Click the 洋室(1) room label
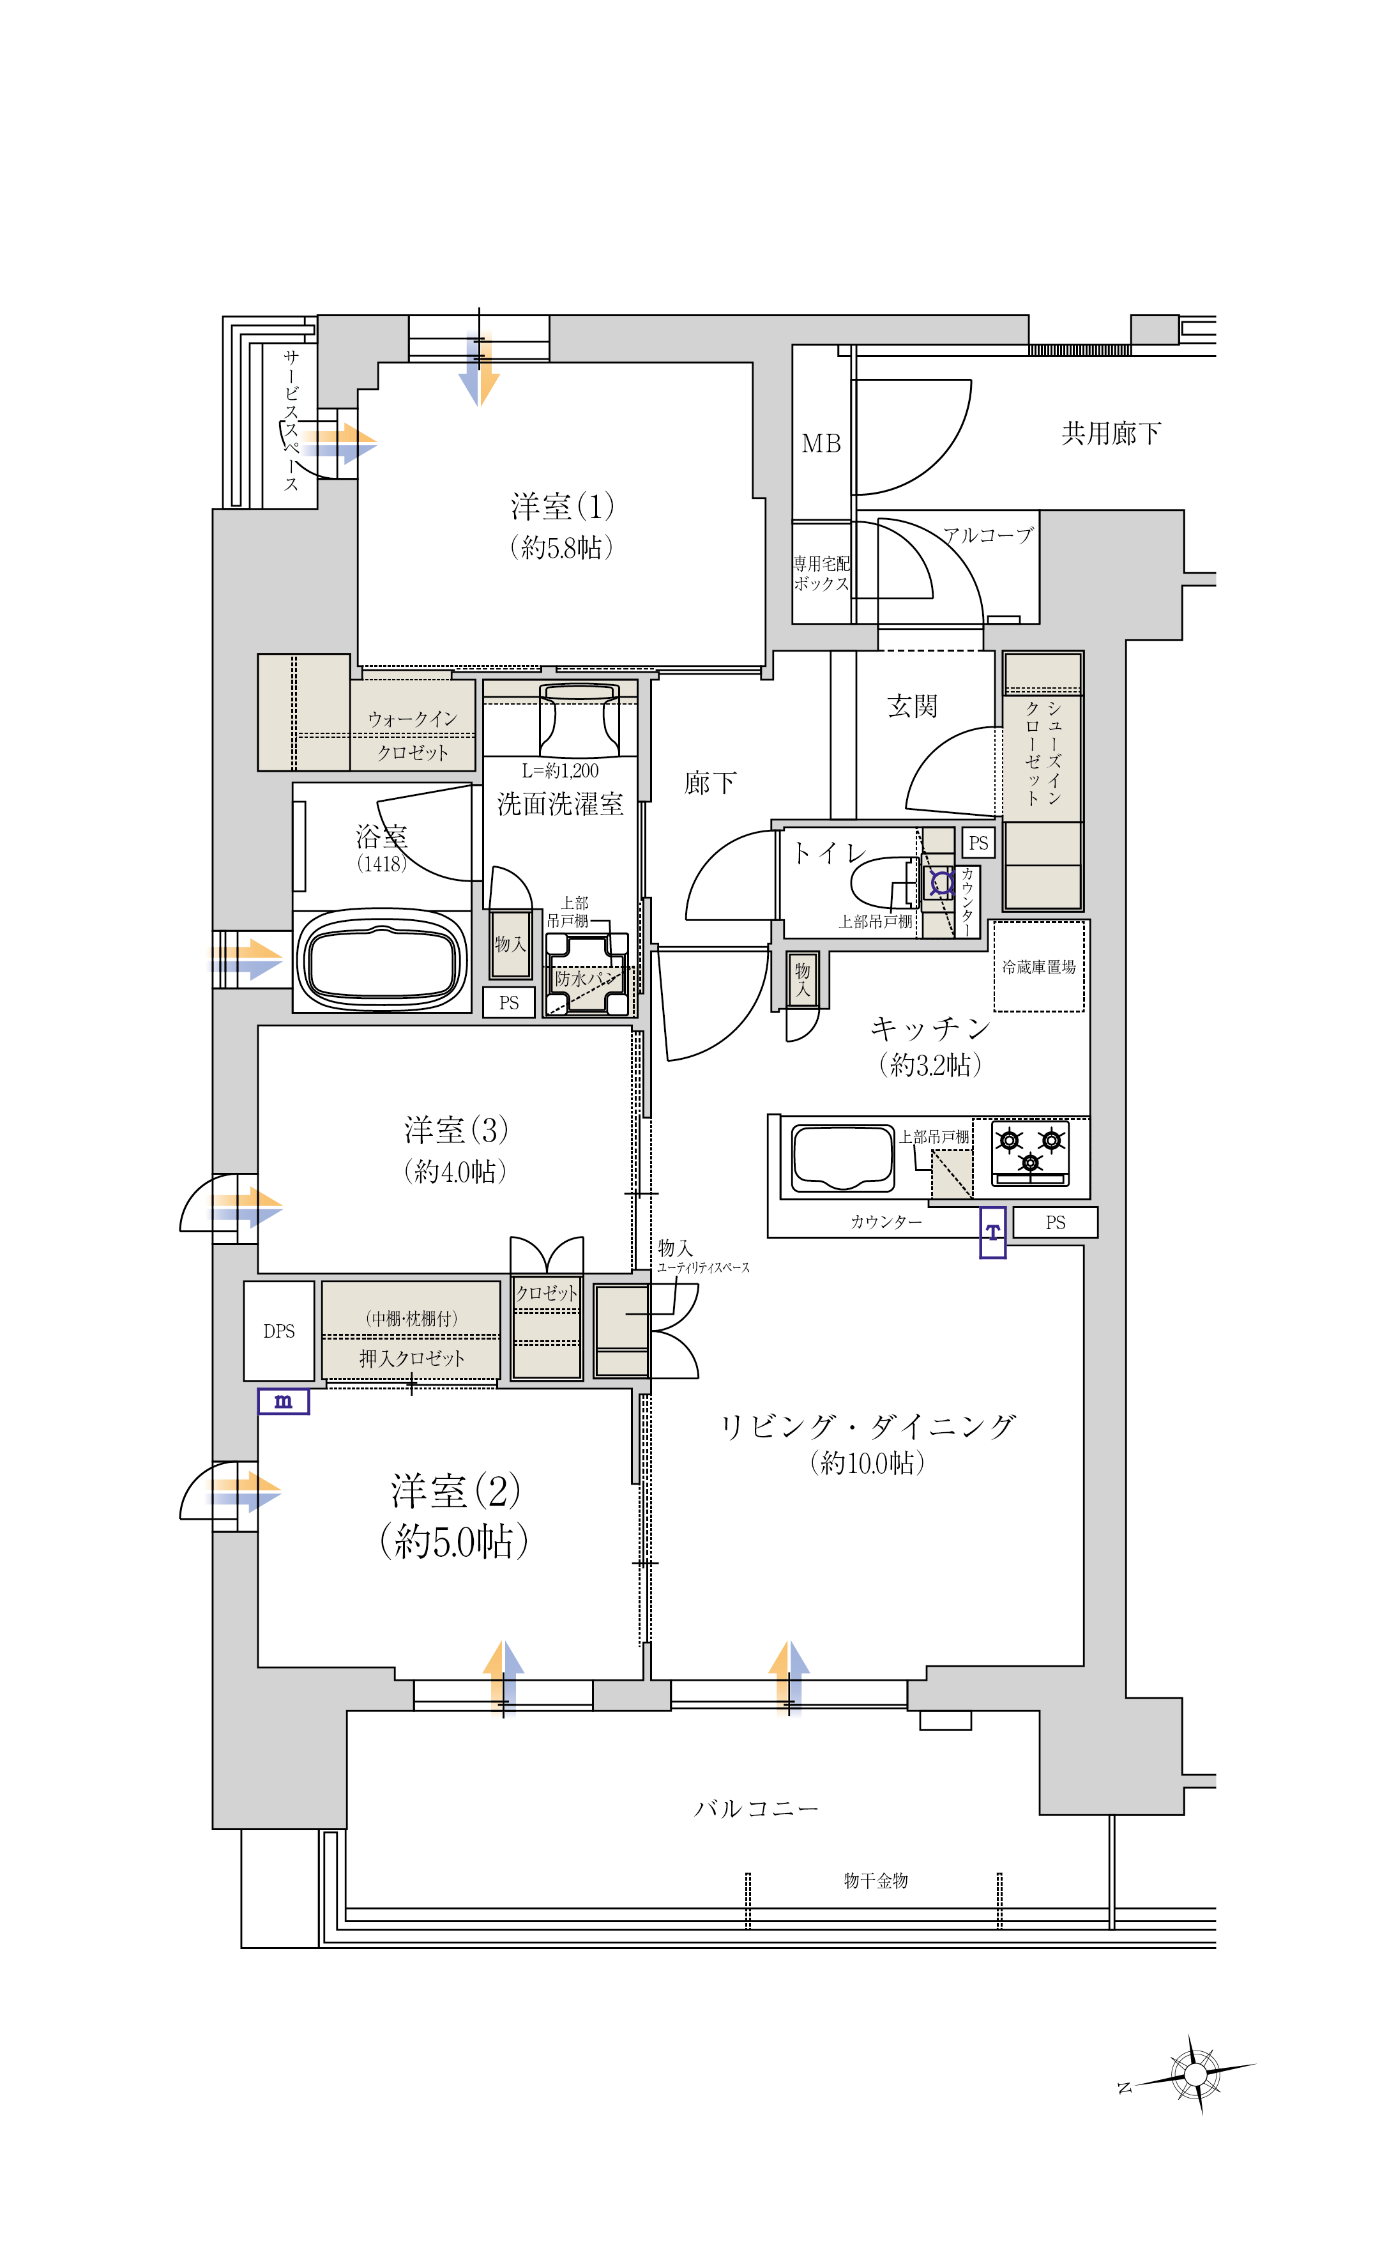pyautogui.click(x=562, y=506)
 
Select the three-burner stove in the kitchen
pyautogui.click(x=1030, y=1152)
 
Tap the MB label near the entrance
pyautogui.click(x=821, y=444)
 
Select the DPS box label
pyautogui.click(x=279, y=1331)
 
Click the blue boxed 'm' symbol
pyautogui.click(x=284, y=1401)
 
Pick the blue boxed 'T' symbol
pyautogui.click(x=992, y=1232)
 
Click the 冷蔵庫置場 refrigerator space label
pyautogui.click(x=1038, y=967)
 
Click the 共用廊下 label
pyautogui.click(x=1111, y=433)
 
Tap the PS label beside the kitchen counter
pyautogui.click(x=1056, y=1223)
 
